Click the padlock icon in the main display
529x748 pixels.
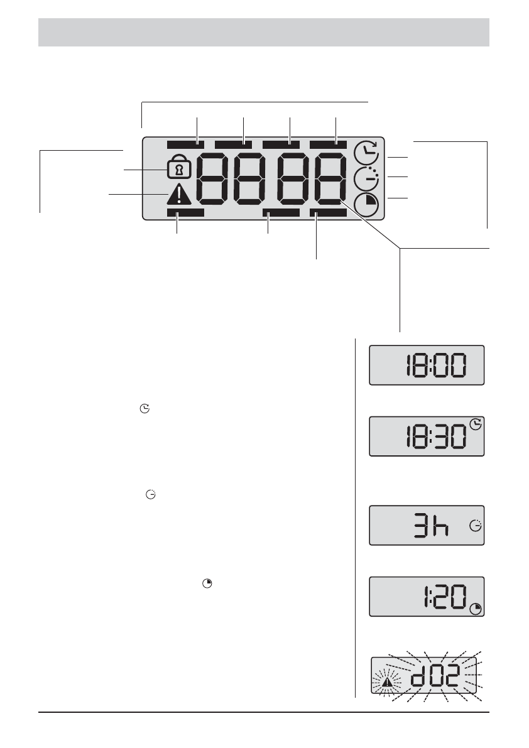[179, 168]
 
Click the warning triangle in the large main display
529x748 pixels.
[179, 195]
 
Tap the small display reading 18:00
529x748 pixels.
[427, 365]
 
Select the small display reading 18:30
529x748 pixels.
[427, 436]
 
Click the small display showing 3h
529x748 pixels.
[427, 525]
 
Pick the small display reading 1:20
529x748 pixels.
[427, 596]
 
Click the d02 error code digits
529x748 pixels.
[435, 675]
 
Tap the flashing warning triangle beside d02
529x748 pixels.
[388, 682]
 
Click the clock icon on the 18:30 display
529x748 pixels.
[476, 424]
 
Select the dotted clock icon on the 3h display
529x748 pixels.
[476, 526]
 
